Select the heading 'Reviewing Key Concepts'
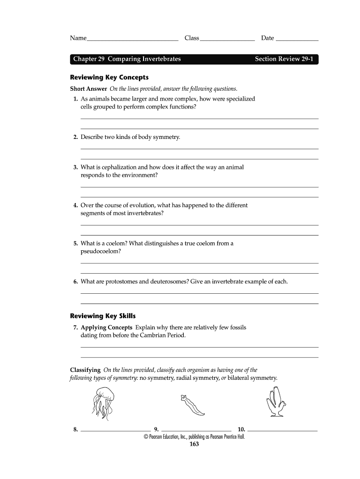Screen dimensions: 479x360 [109, 77]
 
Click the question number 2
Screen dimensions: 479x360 [75, 137]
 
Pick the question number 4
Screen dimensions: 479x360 [75, 205]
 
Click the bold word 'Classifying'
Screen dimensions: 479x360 [85, 370]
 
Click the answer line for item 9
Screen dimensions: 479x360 [196, 429]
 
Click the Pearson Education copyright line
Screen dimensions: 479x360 [194, 436]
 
